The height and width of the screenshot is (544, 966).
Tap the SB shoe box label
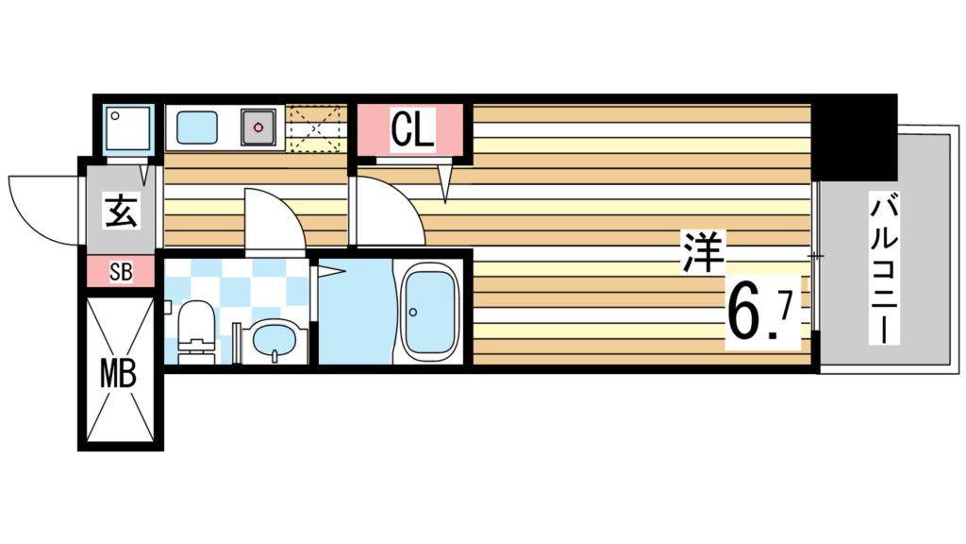(x=121, y=272)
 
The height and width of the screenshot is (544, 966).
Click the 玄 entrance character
(x=121, y=212)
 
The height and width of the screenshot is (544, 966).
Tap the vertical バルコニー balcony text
(x=884, y=268)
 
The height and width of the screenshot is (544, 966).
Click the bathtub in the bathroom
(x=429, y=313)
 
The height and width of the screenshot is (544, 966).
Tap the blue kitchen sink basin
(x=197, y=127)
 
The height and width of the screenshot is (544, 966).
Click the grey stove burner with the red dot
(x=258, y=127)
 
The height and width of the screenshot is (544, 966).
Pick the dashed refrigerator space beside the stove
(x=315, y=127)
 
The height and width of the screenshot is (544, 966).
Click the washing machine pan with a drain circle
(x=128, y=128)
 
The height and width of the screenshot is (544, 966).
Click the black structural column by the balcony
(x=854, y=137)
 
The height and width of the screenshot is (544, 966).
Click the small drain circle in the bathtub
(x=413, y=312)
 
